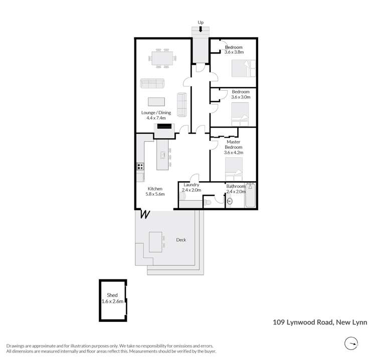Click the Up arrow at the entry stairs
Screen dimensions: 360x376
point(200,30)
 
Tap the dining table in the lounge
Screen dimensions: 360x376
point(162,58)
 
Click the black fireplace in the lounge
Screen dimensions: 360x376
point(164,127)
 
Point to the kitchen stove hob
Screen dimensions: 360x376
point(140,167)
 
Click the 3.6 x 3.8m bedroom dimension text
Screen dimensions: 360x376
point(234,52)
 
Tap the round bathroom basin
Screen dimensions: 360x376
point(230,201)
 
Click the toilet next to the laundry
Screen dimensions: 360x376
point(207,202)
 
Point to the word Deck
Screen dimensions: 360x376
point(181,240)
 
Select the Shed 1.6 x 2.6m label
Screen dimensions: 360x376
point(112,298)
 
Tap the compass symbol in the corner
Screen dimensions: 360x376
point(353,343)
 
